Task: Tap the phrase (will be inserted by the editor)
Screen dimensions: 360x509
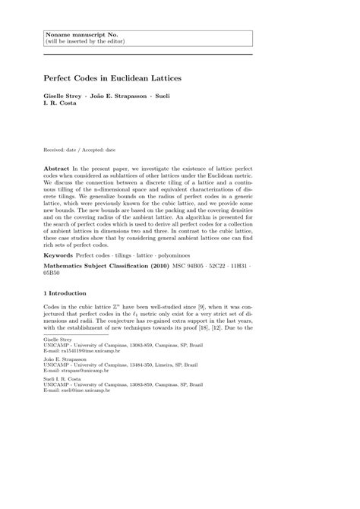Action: [86, 42]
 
